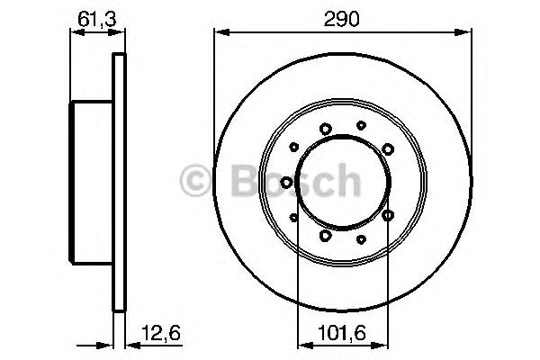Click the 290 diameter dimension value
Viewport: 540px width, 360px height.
click(342, 17)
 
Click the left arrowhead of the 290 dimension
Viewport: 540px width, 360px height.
click(219, 32)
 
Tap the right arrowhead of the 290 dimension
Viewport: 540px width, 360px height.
click(467, 32)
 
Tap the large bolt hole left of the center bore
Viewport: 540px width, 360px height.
click(286, 183)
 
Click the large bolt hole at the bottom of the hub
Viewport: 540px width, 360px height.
click(325, 236)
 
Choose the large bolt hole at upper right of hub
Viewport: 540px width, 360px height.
click(387, 148)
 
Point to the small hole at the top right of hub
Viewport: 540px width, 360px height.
click(361, 125)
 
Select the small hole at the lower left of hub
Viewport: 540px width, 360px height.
click(294, 216)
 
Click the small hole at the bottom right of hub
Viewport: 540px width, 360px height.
click(361, 238)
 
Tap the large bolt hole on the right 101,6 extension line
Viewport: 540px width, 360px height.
click(388, 216)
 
